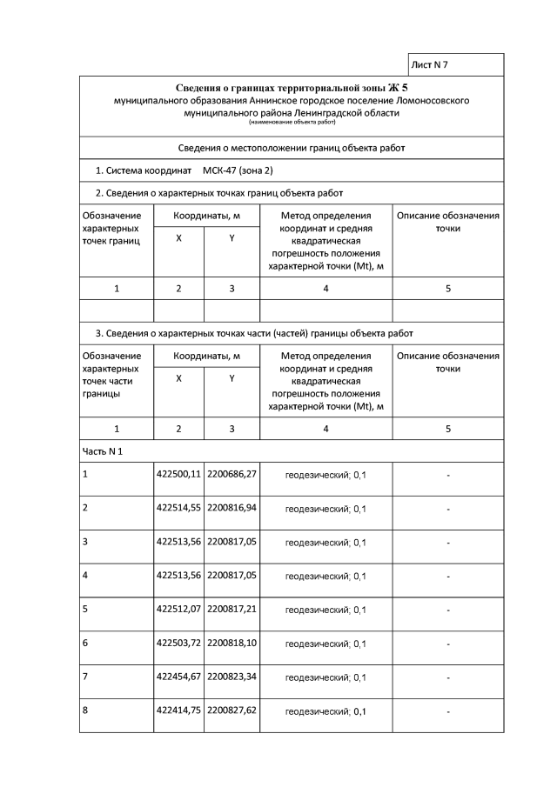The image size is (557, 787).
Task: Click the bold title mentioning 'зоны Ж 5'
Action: coord(292,88)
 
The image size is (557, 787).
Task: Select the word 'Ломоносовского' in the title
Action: coord(426,100)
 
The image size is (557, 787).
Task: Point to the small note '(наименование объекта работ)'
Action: coord(292,123)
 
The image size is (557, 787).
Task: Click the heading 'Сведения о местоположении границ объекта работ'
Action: coord(292,148)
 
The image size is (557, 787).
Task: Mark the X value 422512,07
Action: coord(178,609)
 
